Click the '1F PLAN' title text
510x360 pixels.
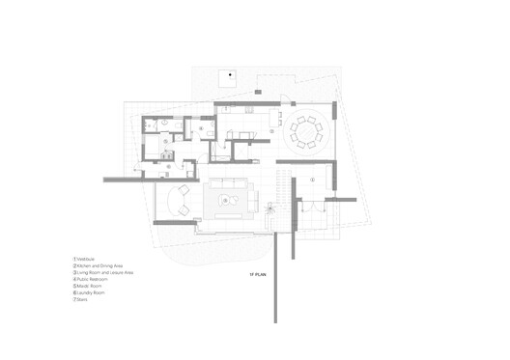tap(258, 276)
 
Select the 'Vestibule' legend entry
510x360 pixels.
tap(89, 260)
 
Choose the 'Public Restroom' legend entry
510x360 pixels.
tap(94, 280)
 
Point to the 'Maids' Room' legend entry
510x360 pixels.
tap(92, 287)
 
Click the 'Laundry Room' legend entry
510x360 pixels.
tap(93, 293)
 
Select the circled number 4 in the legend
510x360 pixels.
tap(73, 280)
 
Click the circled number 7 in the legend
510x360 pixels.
tap(73, 300)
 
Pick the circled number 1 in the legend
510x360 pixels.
tap(73, 260)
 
